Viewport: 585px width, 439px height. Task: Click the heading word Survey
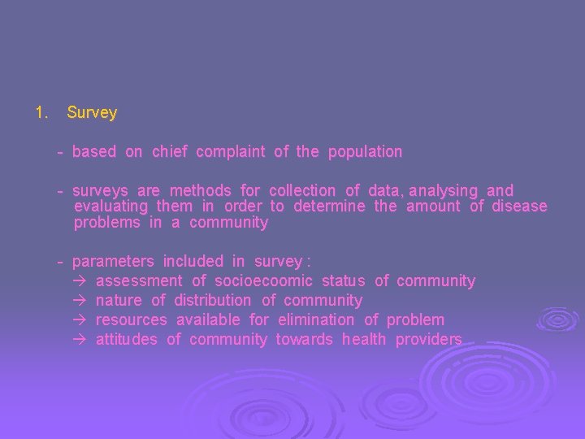pos(92,113)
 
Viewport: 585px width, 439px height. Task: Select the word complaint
pos(230,152)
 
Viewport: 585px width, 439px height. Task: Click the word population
pos(365,152)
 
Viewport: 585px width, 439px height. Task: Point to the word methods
pos(201,191)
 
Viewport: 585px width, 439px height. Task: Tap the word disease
pos(519,206)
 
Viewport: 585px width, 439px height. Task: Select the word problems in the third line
pos(107,223)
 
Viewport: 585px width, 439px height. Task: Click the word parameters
pos(113,262)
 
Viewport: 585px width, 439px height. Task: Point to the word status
pos(343,281)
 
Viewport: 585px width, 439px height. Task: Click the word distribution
pos(212,301)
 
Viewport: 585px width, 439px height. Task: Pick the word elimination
pos(316,320)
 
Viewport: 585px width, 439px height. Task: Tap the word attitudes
pos(127,340)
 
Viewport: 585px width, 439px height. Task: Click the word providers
pos(428,340)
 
